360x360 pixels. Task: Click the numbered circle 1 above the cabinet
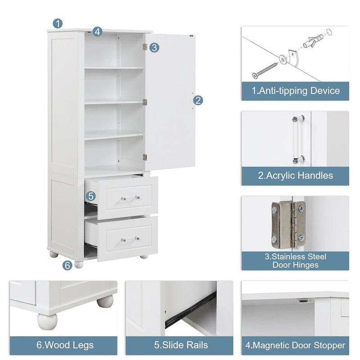[x=58, y=23]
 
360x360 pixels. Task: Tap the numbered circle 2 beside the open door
[x=198, y=100]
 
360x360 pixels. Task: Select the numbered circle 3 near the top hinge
[x=154, y=47]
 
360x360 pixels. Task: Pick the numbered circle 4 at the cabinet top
[x=98, y=31]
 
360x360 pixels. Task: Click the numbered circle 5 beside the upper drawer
[x=91, y=196]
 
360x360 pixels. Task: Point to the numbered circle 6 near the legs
[x=67, y=265]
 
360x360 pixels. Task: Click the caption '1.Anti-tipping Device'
[x=295, y=91]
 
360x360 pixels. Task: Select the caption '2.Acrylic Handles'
[x=295, y=175]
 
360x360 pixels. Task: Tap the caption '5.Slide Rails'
[x=181, y=345]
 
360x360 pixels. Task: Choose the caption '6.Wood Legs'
[x=65, y=345]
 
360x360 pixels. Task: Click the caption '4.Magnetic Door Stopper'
[x=295, y=345]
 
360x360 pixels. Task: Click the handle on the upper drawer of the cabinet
[x=130, y=198]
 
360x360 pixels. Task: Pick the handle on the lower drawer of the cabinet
[x=130, y=238]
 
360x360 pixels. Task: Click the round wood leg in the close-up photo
[x=48, y=320]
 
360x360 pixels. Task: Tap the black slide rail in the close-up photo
[x=191, y=311]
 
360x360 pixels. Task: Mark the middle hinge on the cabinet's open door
[x=145, y=102]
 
